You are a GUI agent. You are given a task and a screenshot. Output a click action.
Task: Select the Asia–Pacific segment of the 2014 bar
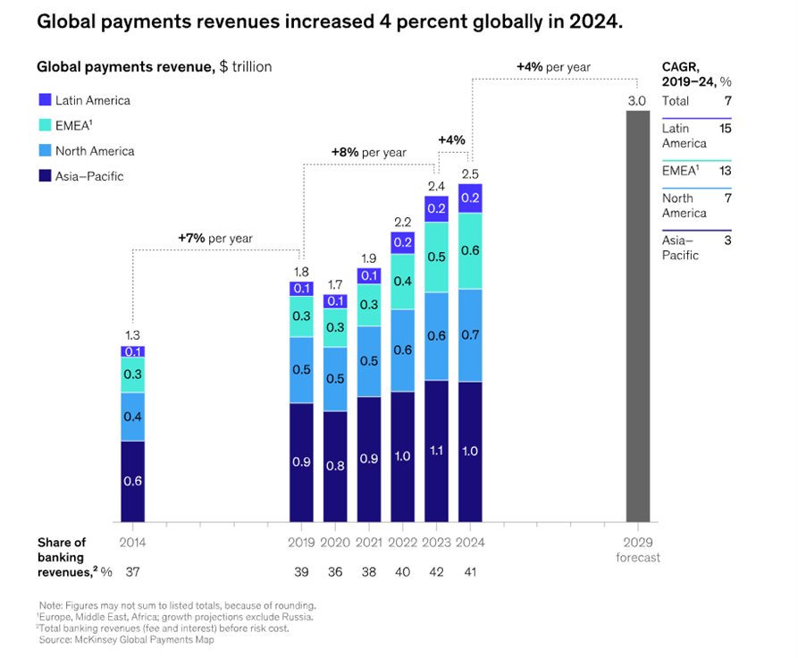coord(133,481)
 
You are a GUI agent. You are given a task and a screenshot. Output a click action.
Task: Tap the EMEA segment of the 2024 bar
coord(471,251)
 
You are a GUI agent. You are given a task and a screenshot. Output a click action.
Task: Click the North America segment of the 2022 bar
coord(403,350)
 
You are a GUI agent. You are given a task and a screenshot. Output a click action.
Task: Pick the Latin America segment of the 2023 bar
coord(437,208)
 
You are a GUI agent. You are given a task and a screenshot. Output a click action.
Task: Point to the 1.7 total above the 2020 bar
coord(335,284)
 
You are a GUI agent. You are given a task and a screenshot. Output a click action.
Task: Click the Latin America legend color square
coord(44,100)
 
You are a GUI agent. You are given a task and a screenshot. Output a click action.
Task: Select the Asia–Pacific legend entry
coord(88,176)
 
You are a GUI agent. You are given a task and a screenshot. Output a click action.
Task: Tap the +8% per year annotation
coord(368,152)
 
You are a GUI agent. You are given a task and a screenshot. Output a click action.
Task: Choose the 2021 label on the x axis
coord(369,542)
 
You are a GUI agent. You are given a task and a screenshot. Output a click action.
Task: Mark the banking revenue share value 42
coord(437,571)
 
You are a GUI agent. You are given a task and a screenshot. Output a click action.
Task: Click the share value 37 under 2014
coord(133,571)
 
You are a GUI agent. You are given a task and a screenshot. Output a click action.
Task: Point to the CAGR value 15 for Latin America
coord(725,129)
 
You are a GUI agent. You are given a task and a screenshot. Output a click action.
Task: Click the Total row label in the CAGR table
coord(676,101)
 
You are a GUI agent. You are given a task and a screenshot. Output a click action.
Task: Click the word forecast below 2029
coord(637,557)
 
